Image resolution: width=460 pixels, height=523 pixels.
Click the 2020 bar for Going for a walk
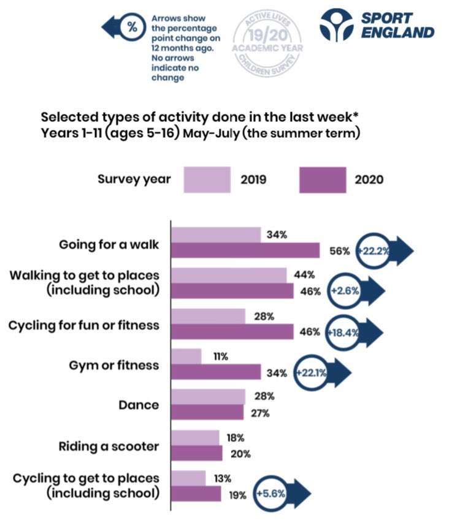click(245, 250)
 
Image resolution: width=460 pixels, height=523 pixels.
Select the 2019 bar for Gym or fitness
click(186, 356)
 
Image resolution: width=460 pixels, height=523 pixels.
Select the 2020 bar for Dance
click(207, 413)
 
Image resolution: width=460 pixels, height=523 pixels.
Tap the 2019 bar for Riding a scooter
click(194, 437)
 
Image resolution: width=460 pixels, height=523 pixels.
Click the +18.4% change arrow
click(353, 332)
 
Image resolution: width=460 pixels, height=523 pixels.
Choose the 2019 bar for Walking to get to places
click(228, 275)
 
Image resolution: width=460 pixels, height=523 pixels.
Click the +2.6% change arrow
click(355, 292)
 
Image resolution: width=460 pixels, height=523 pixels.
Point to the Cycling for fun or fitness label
click(83, 325)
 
